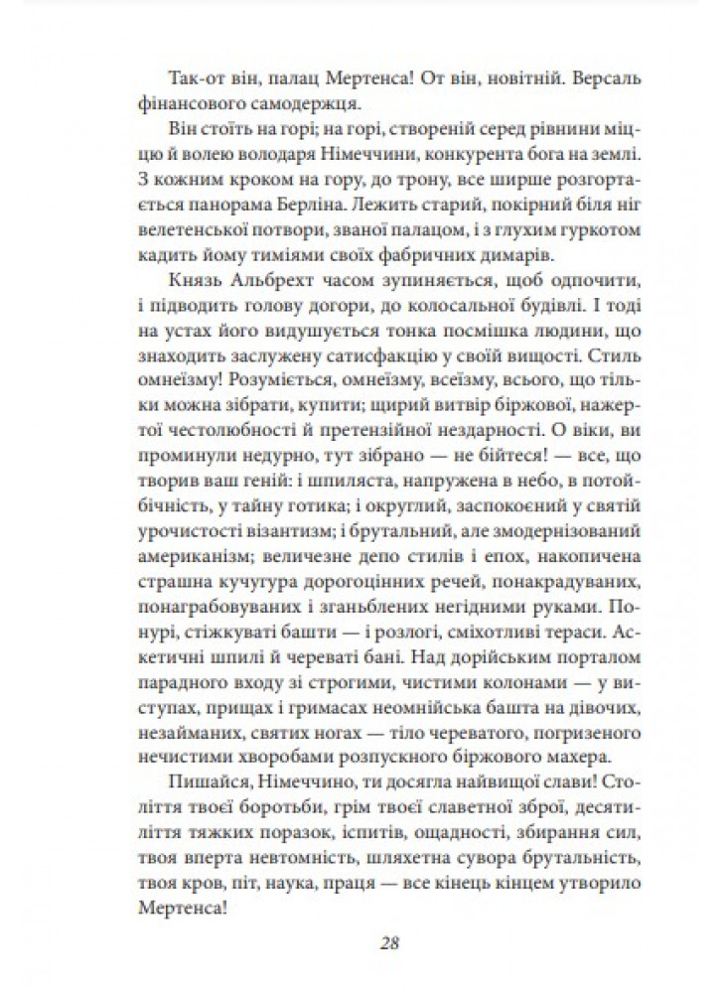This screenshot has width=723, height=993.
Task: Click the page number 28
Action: (361, 943)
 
